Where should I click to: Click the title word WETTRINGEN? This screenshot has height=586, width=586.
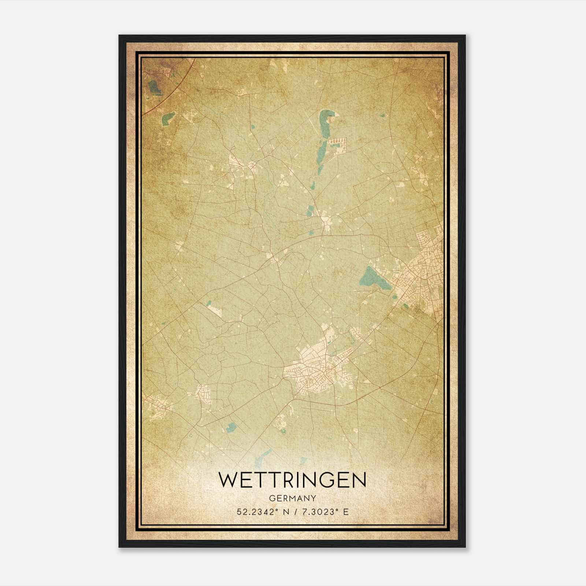coord(292,480)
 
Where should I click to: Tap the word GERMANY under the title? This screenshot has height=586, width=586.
coord(292,498)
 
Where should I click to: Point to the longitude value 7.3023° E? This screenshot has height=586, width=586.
coord(324,512)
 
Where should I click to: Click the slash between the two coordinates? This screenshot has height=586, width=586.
coord(293,512)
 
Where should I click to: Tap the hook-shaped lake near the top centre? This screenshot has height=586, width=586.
coord(324,121)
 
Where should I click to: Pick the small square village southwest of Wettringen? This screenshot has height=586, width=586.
coord(203,394)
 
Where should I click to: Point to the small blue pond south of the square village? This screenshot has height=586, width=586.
coord(231,426)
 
